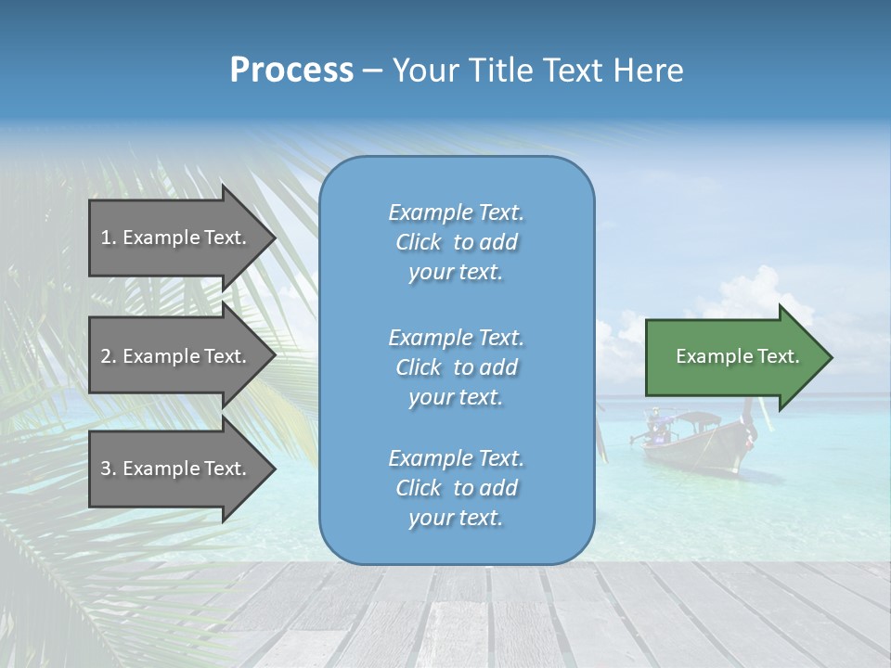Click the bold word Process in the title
coord(291,70)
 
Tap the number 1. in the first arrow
coord(109,238)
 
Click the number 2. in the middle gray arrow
coord(109,356)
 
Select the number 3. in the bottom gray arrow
coord(109,469)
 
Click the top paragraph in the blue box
coord(456,242)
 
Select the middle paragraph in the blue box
coord(456,367)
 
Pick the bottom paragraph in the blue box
coord(456,488)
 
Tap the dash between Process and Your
coord(373,71)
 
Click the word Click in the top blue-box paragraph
coord(419,242)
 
